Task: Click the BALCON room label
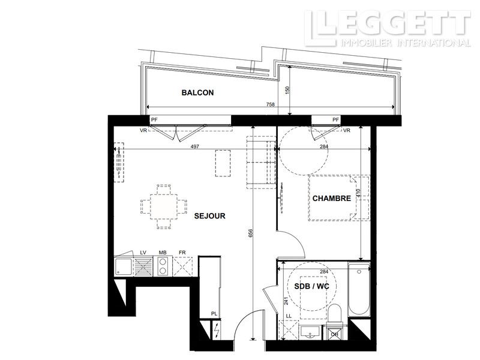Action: coord(197,93)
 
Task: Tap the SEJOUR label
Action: coord(209,216)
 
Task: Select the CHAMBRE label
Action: coord(331,198)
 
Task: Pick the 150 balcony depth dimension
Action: coord(287,89)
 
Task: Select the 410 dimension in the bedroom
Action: coord(358,194)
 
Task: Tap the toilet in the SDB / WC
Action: coord(335,313)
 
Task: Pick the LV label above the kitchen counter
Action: coord(143,253)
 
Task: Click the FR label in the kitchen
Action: coord(181,253)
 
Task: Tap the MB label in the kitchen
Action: coord(162,253)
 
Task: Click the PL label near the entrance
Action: coord(214,313)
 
